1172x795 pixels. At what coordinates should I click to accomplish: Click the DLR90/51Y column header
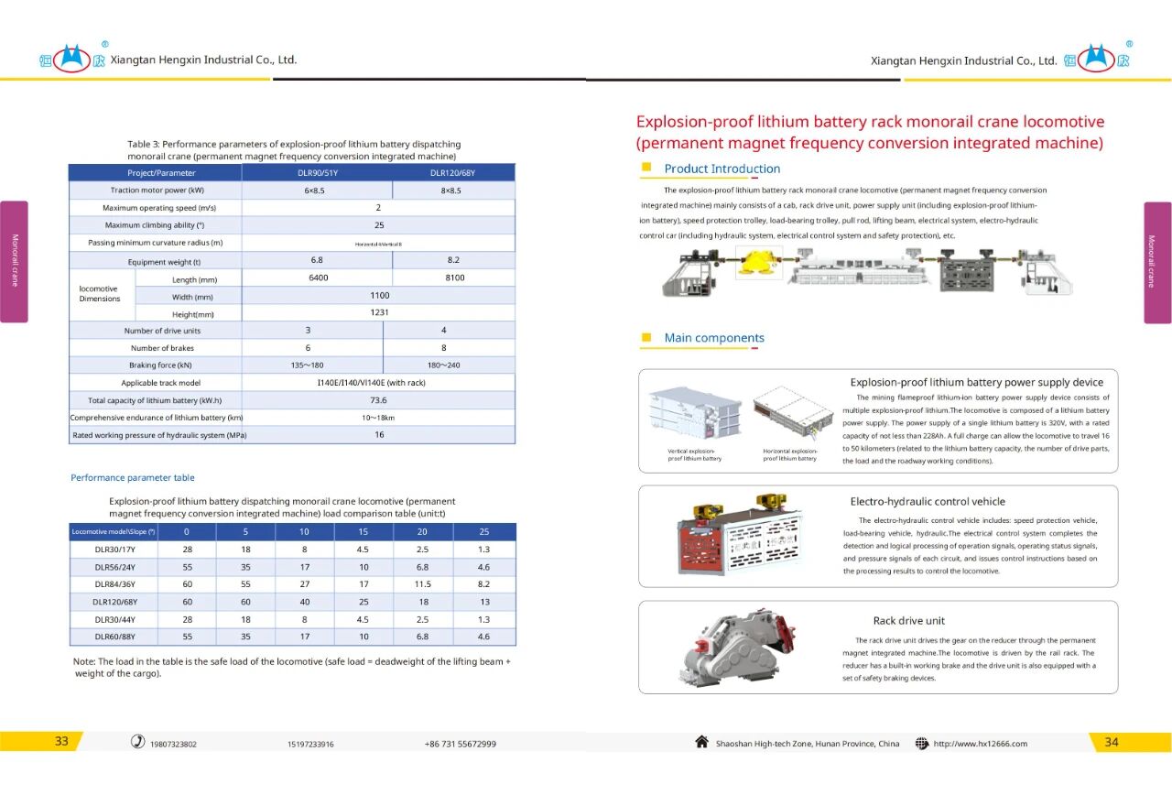pos(318,173)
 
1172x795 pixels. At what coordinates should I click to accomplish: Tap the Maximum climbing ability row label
pos(155,225)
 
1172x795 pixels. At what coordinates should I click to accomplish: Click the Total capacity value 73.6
pos(378,400)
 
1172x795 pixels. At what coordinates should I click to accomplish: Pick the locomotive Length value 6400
pos(318,278)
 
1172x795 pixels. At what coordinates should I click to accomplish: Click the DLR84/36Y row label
pos(114,584)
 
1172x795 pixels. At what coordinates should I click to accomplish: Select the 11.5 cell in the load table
pos(422,584)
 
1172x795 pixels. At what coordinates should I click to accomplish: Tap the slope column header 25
pos(484,532)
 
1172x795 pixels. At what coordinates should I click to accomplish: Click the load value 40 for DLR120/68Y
pos(305,602)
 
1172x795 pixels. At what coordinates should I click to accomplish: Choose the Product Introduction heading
pos(722,169)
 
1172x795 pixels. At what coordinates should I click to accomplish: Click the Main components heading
pos(714,338)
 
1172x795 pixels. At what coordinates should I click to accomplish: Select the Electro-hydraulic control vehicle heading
pos(928,502)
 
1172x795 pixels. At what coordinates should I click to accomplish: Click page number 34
pos(1111,742)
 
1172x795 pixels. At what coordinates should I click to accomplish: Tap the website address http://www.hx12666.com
pos(980,744)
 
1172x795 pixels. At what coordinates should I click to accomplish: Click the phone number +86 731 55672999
pos(460,744)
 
